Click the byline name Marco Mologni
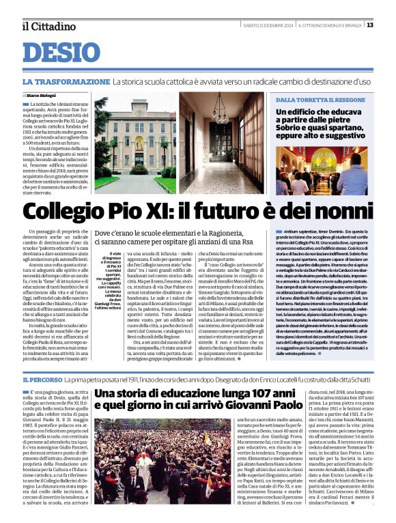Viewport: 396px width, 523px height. point(42,95)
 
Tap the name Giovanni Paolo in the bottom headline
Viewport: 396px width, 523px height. point(265,407)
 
